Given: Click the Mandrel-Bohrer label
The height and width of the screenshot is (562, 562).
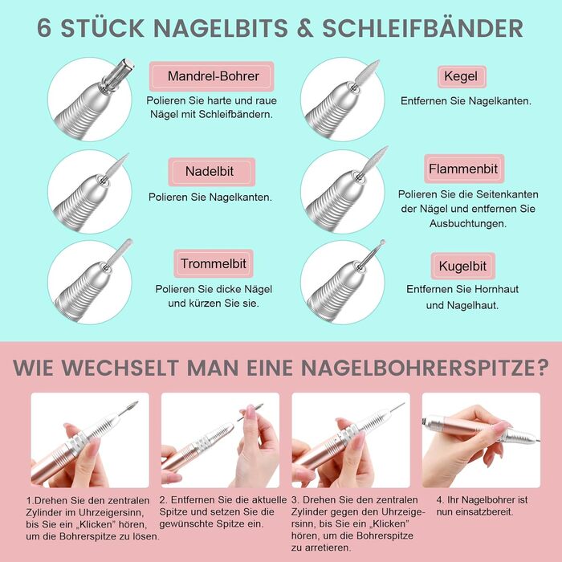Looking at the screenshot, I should click(213, 76).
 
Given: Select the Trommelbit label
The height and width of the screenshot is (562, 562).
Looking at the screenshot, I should click(213, 263).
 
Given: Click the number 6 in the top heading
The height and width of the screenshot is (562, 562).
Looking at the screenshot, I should click(47, 27).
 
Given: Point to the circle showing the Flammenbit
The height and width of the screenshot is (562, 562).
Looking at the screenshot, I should click(342, 191).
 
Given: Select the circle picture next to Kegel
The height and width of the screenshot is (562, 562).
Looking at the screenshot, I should click(342, 100).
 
